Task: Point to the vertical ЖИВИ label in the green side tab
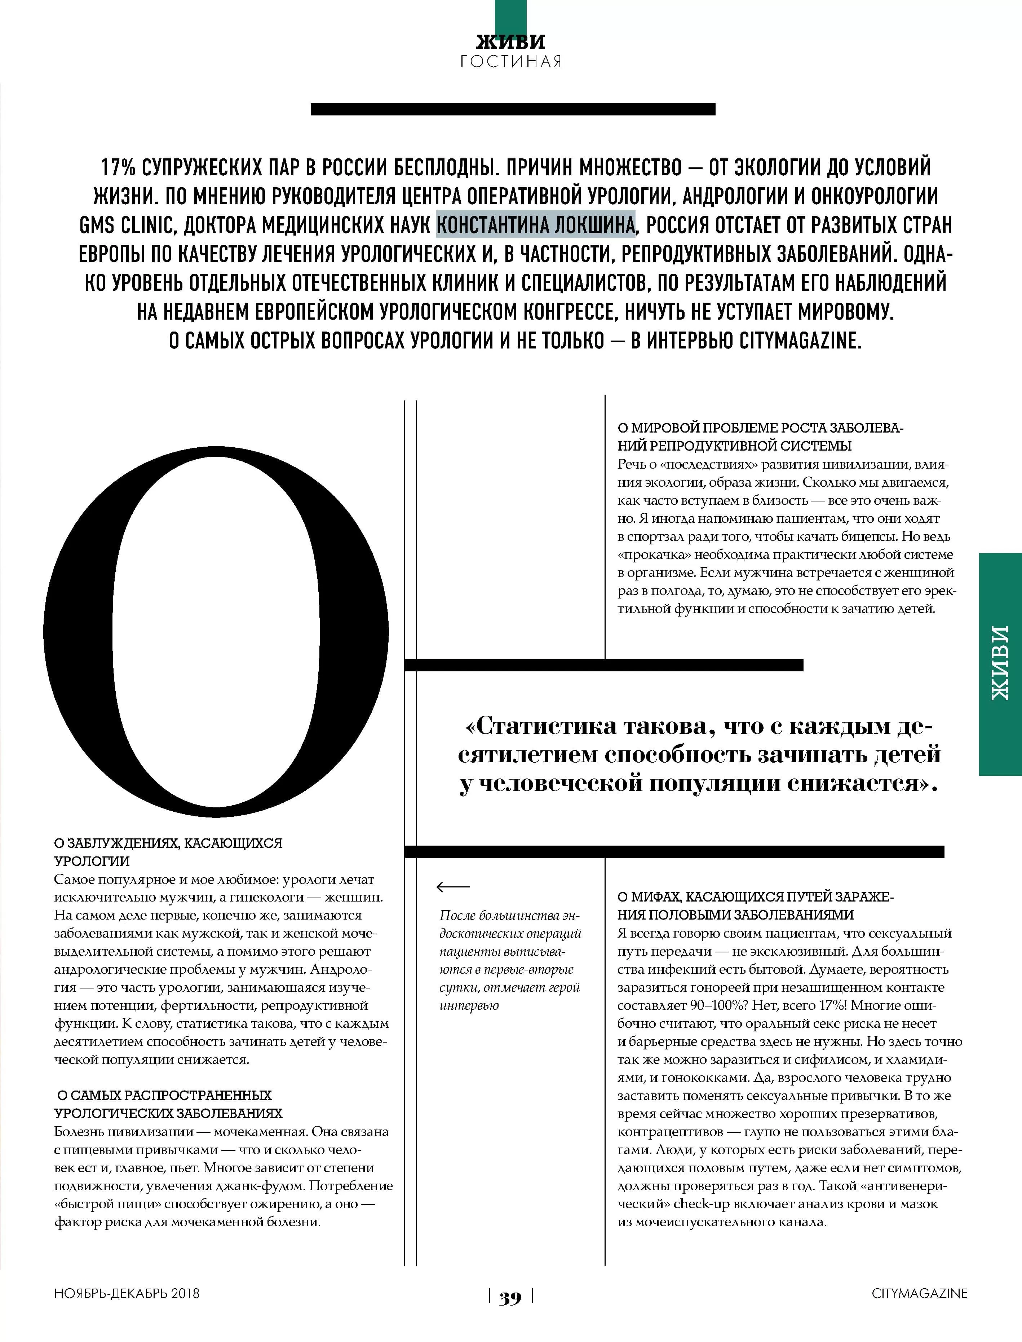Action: pyautogui.click(x=1000, y=663)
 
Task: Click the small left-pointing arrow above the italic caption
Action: pyautogui.click(x=453, y=887)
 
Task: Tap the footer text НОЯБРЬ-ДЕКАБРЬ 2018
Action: pyautogui.click(x=127, y=1293)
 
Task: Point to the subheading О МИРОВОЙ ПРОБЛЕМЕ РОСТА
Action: pyautogui.click(x=760, y=428)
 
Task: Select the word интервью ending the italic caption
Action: pyautogui.click(x=469, y=1005)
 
